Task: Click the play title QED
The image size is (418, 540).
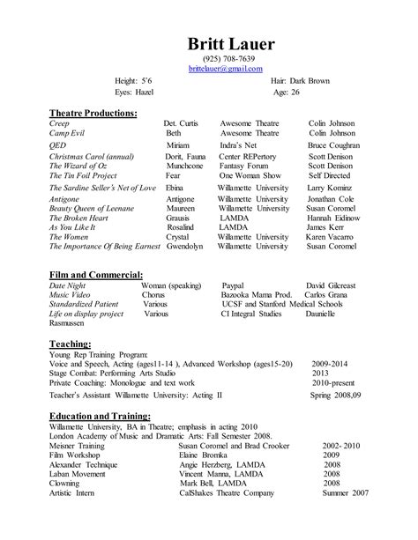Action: coord(59,144)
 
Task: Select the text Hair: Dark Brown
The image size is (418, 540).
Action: coord(301,79)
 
